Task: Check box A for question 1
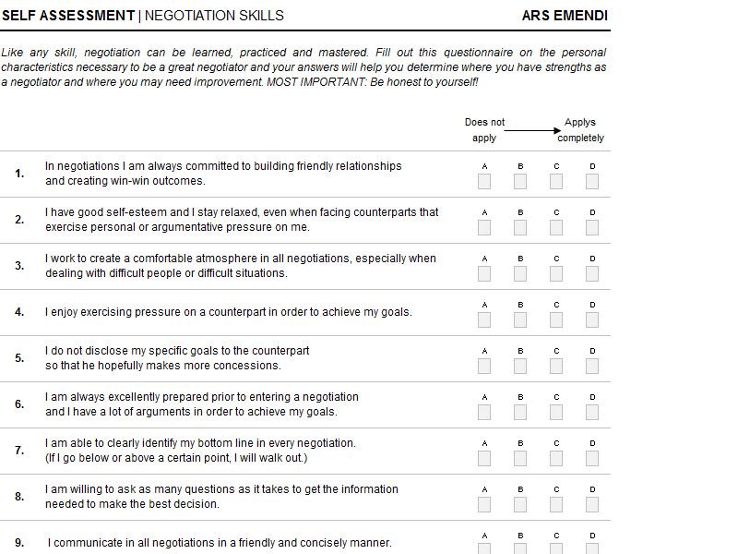point(484,181)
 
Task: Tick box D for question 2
point(592,227)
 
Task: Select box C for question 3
point(556,273)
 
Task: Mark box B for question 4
point(520,319)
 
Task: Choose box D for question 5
point(592,366)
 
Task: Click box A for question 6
point(484,412)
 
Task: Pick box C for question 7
point(556,458)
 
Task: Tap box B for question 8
point(520,504)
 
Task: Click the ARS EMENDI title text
point(565,16)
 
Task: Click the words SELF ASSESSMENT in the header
point(68,16)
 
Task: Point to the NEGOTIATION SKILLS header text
point(214,16)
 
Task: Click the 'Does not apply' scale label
point(484,130)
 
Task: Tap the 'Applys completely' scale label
point(580,130)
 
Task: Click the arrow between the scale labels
point(532,130)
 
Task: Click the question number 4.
point(19,312)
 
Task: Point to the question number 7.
point(19,451)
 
